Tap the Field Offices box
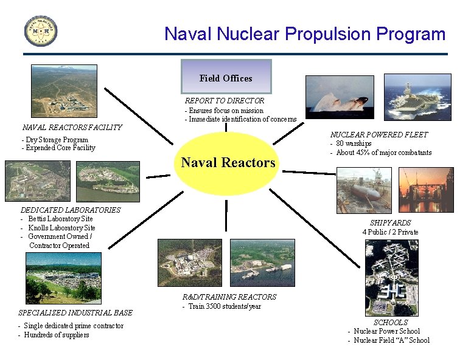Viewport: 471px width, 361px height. coord(226,77)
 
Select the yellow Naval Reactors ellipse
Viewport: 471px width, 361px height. coord(228,162)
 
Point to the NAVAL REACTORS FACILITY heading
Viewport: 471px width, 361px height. coord(72,128)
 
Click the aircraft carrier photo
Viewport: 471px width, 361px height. coord(417,97)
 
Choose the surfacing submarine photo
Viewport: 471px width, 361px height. coord(340,97)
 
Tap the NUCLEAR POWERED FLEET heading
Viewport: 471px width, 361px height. coord(379,134)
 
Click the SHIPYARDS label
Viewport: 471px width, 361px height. coord(390,223)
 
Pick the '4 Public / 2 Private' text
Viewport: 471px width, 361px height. coord(390,232)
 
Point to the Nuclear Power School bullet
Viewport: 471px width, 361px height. coord(386,331)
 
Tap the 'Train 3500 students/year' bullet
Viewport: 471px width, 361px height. coord(225,306)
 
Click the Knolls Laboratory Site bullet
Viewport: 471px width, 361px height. coord(61,228)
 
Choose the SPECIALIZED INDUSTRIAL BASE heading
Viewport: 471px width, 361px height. coord(75,313)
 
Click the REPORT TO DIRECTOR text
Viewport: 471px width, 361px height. coord(225,100)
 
